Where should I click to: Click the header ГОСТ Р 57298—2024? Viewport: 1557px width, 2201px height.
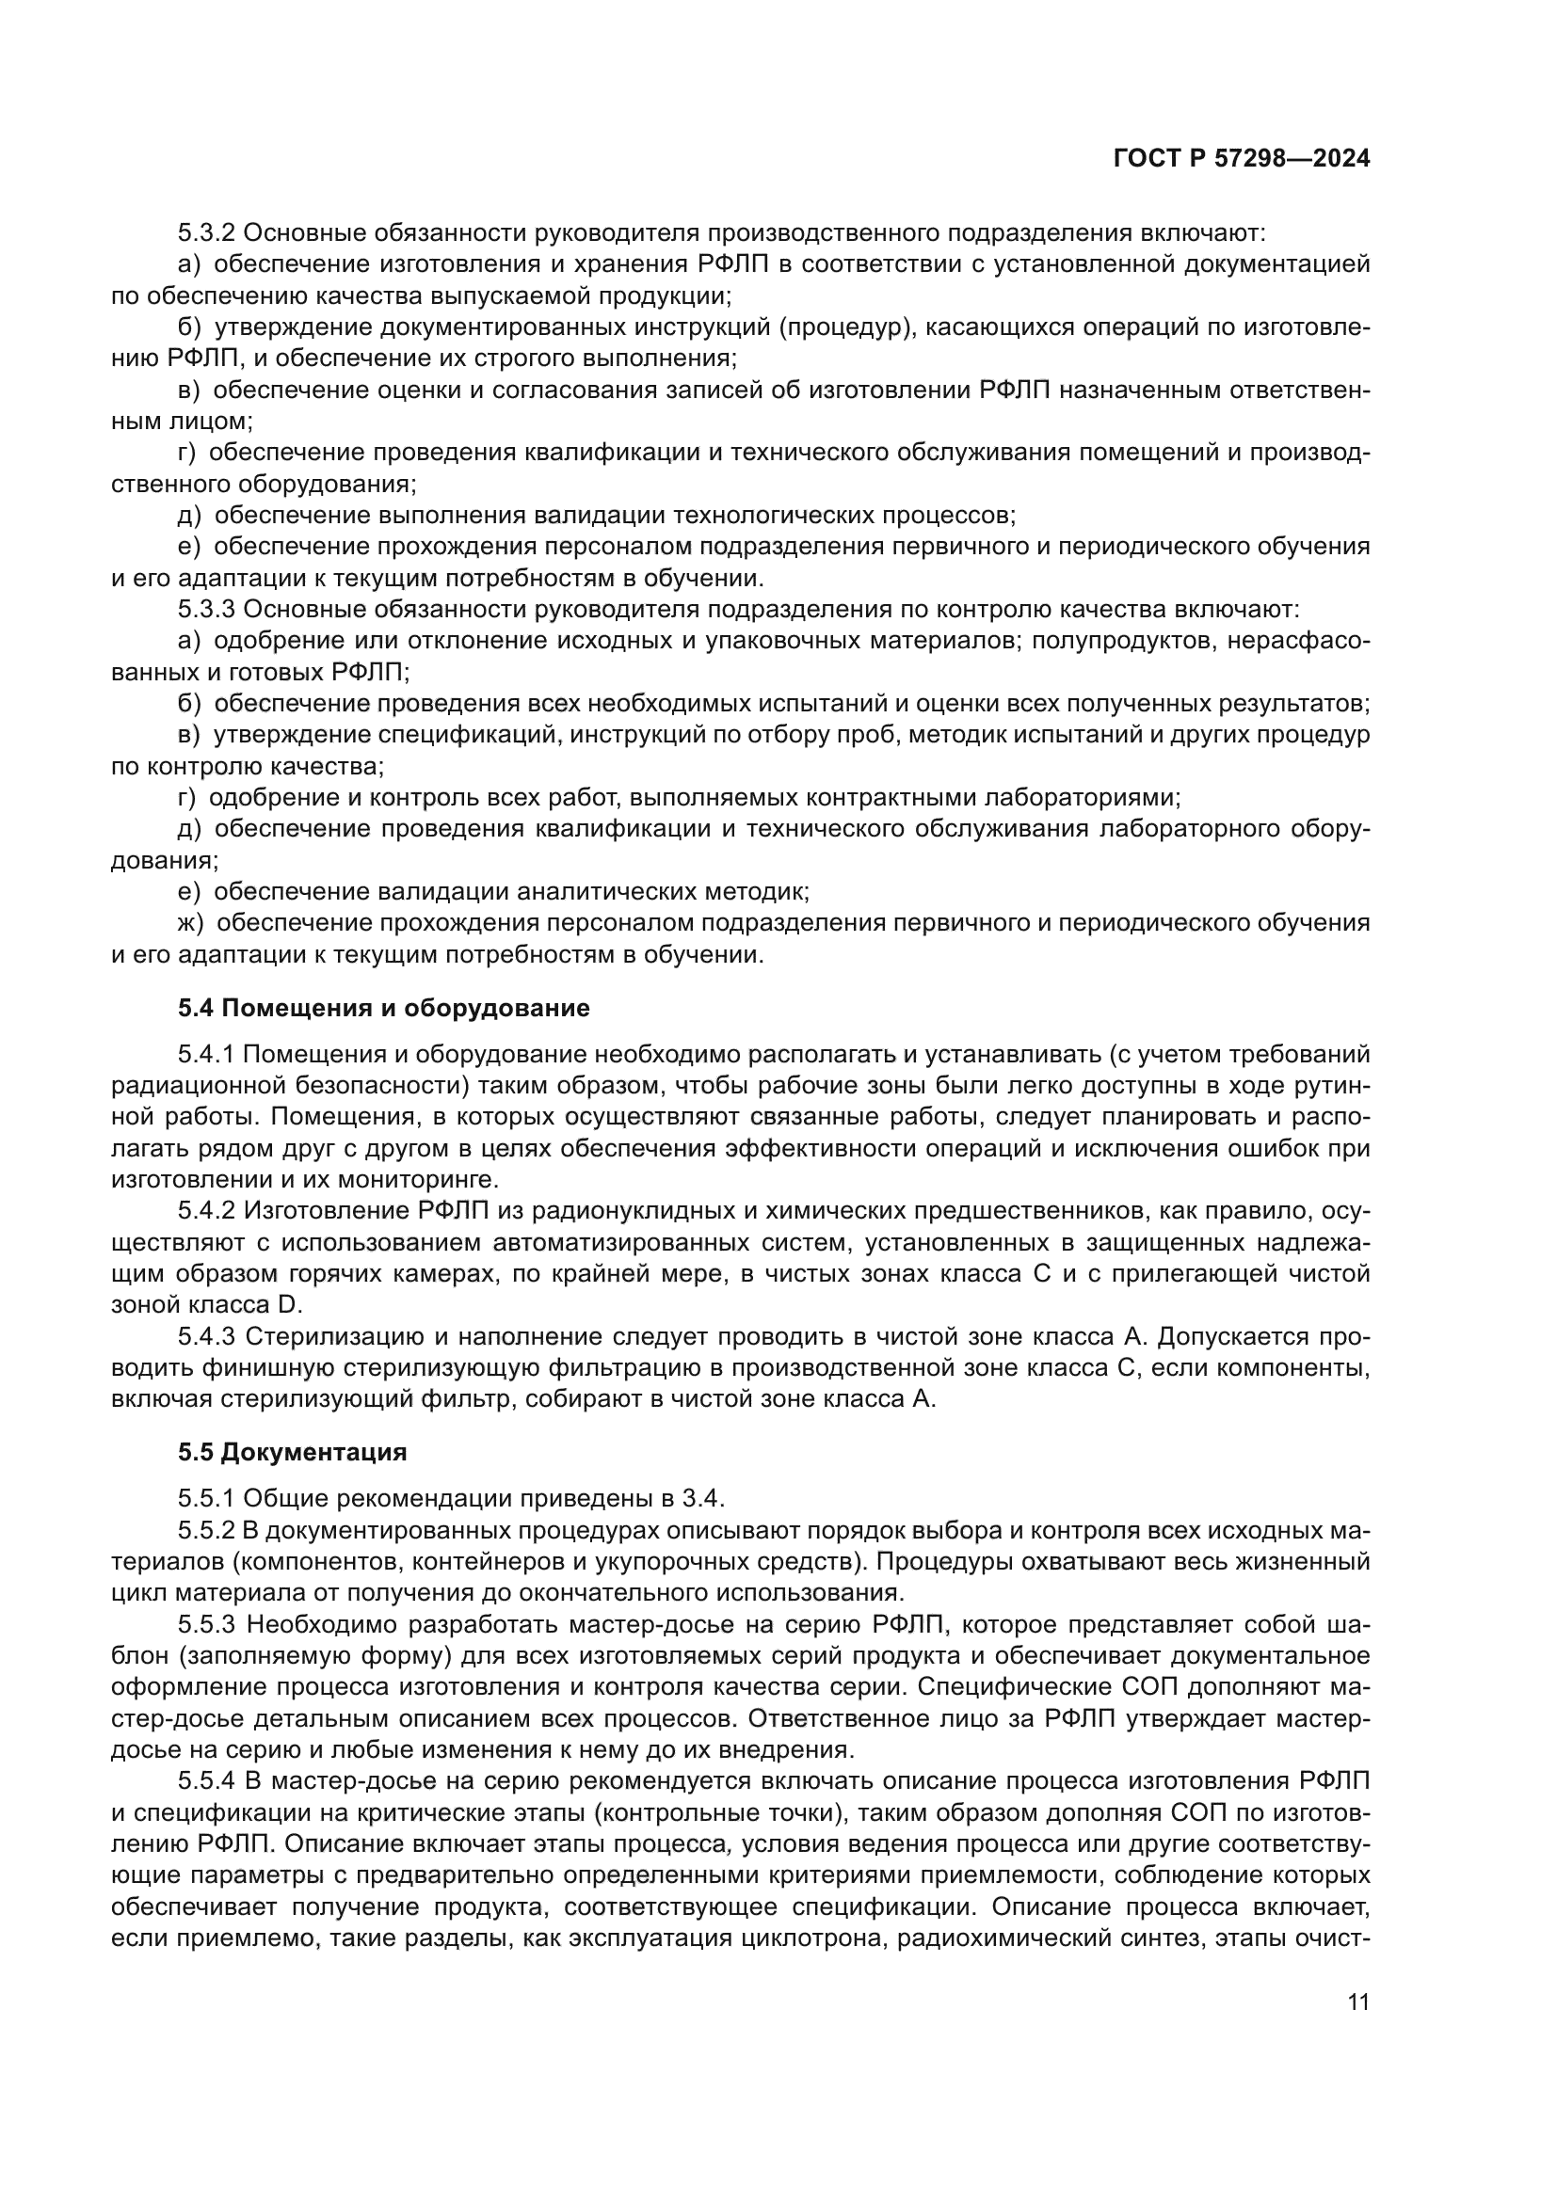pyautogui.click(x=1242, y=159)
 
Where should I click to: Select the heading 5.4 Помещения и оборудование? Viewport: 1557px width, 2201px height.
pyautogui.click(x=383, y=1008)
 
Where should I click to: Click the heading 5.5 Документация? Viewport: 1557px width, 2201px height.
pyautogui.click(x=293, y=1451)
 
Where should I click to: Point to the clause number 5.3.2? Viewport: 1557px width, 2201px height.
pyautogui.click(x=206, y=233)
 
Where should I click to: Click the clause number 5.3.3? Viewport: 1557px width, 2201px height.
pyautogui.click(x=206, y=610)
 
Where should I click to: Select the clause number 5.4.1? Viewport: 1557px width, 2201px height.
pyautogui.click(x=206, y=1055)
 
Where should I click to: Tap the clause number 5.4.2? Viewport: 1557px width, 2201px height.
pyautogui.click(x=206, y=1211)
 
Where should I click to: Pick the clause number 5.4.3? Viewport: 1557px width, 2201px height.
pyautogui.click(x=206, y=1336)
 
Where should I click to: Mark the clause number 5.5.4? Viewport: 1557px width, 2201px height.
pyautogui.click(x=206, y=1780)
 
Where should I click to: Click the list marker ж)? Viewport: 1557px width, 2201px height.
pyautogui.click(x=191, y=923)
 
